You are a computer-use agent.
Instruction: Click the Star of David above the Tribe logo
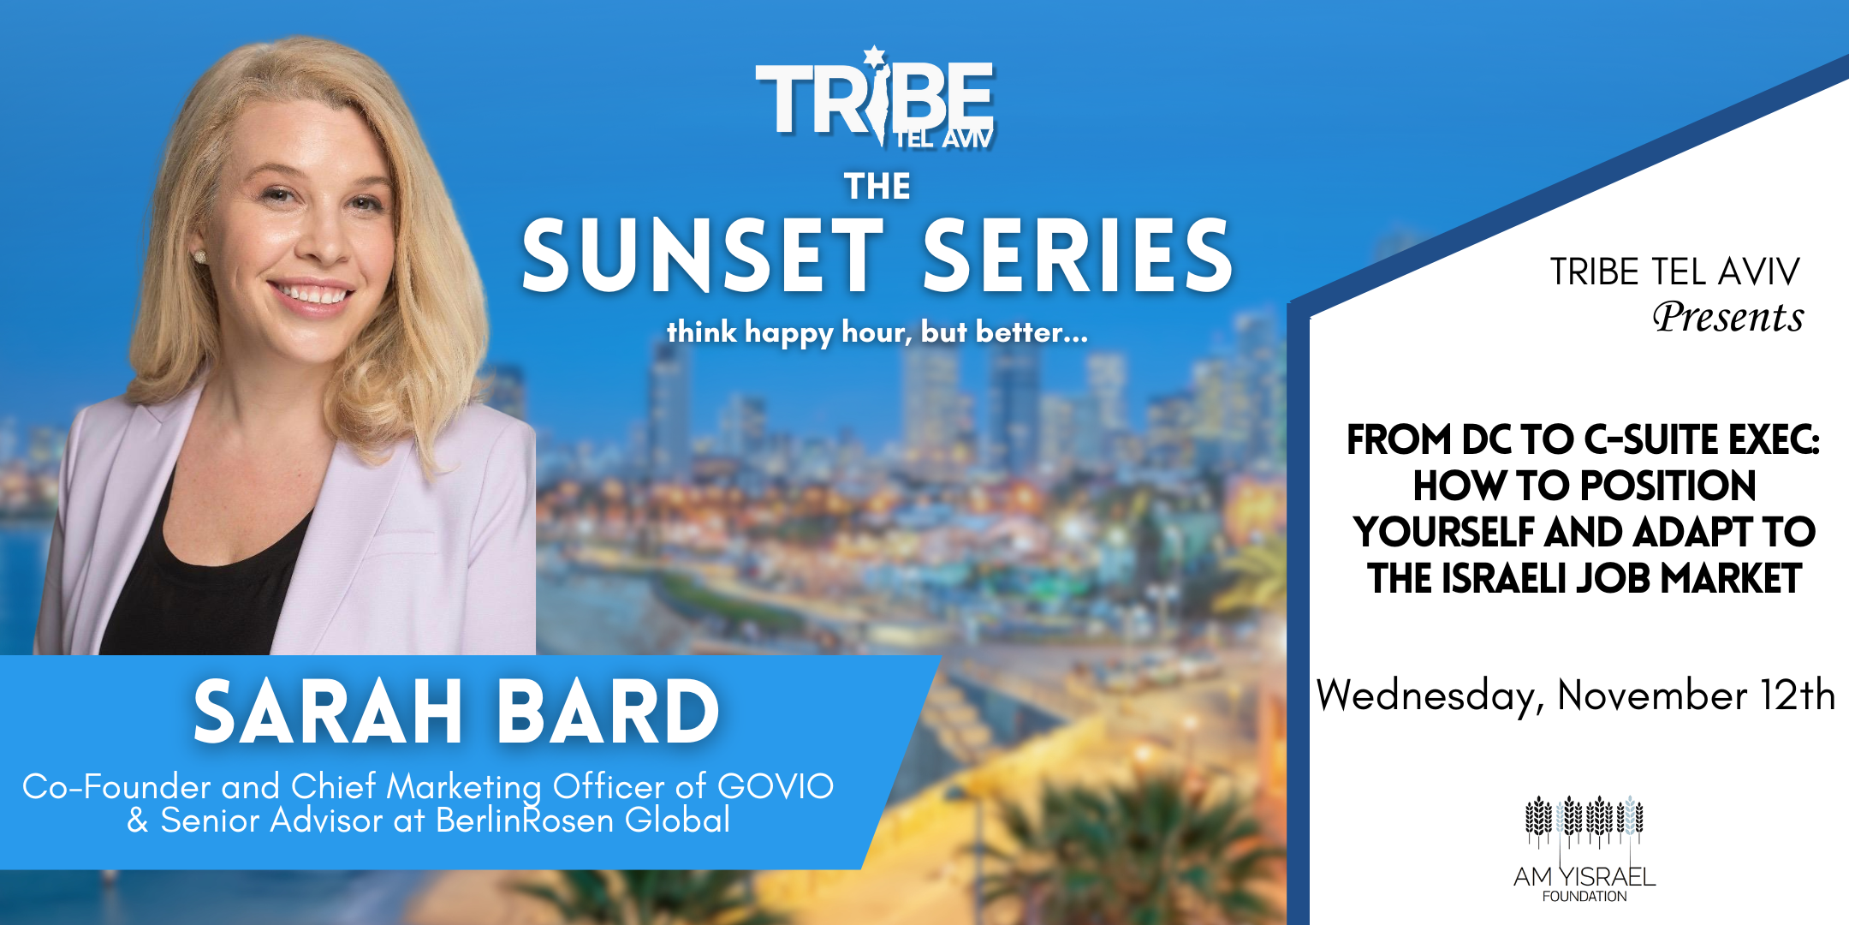873,57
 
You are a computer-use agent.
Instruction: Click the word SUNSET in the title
703,254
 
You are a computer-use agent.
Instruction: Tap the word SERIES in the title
1079,254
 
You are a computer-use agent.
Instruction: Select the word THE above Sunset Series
877,186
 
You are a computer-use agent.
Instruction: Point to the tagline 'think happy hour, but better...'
877,332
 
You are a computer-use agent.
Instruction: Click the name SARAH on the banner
328,711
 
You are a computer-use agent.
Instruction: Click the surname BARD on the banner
609,711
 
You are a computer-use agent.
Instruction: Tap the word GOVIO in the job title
776,786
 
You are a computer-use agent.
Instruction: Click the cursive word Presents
1727,317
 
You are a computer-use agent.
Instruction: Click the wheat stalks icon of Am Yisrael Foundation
1584,821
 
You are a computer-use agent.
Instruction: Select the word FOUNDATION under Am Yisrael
1584,896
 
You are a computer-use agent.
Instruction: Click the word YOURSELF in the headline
1445,532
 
